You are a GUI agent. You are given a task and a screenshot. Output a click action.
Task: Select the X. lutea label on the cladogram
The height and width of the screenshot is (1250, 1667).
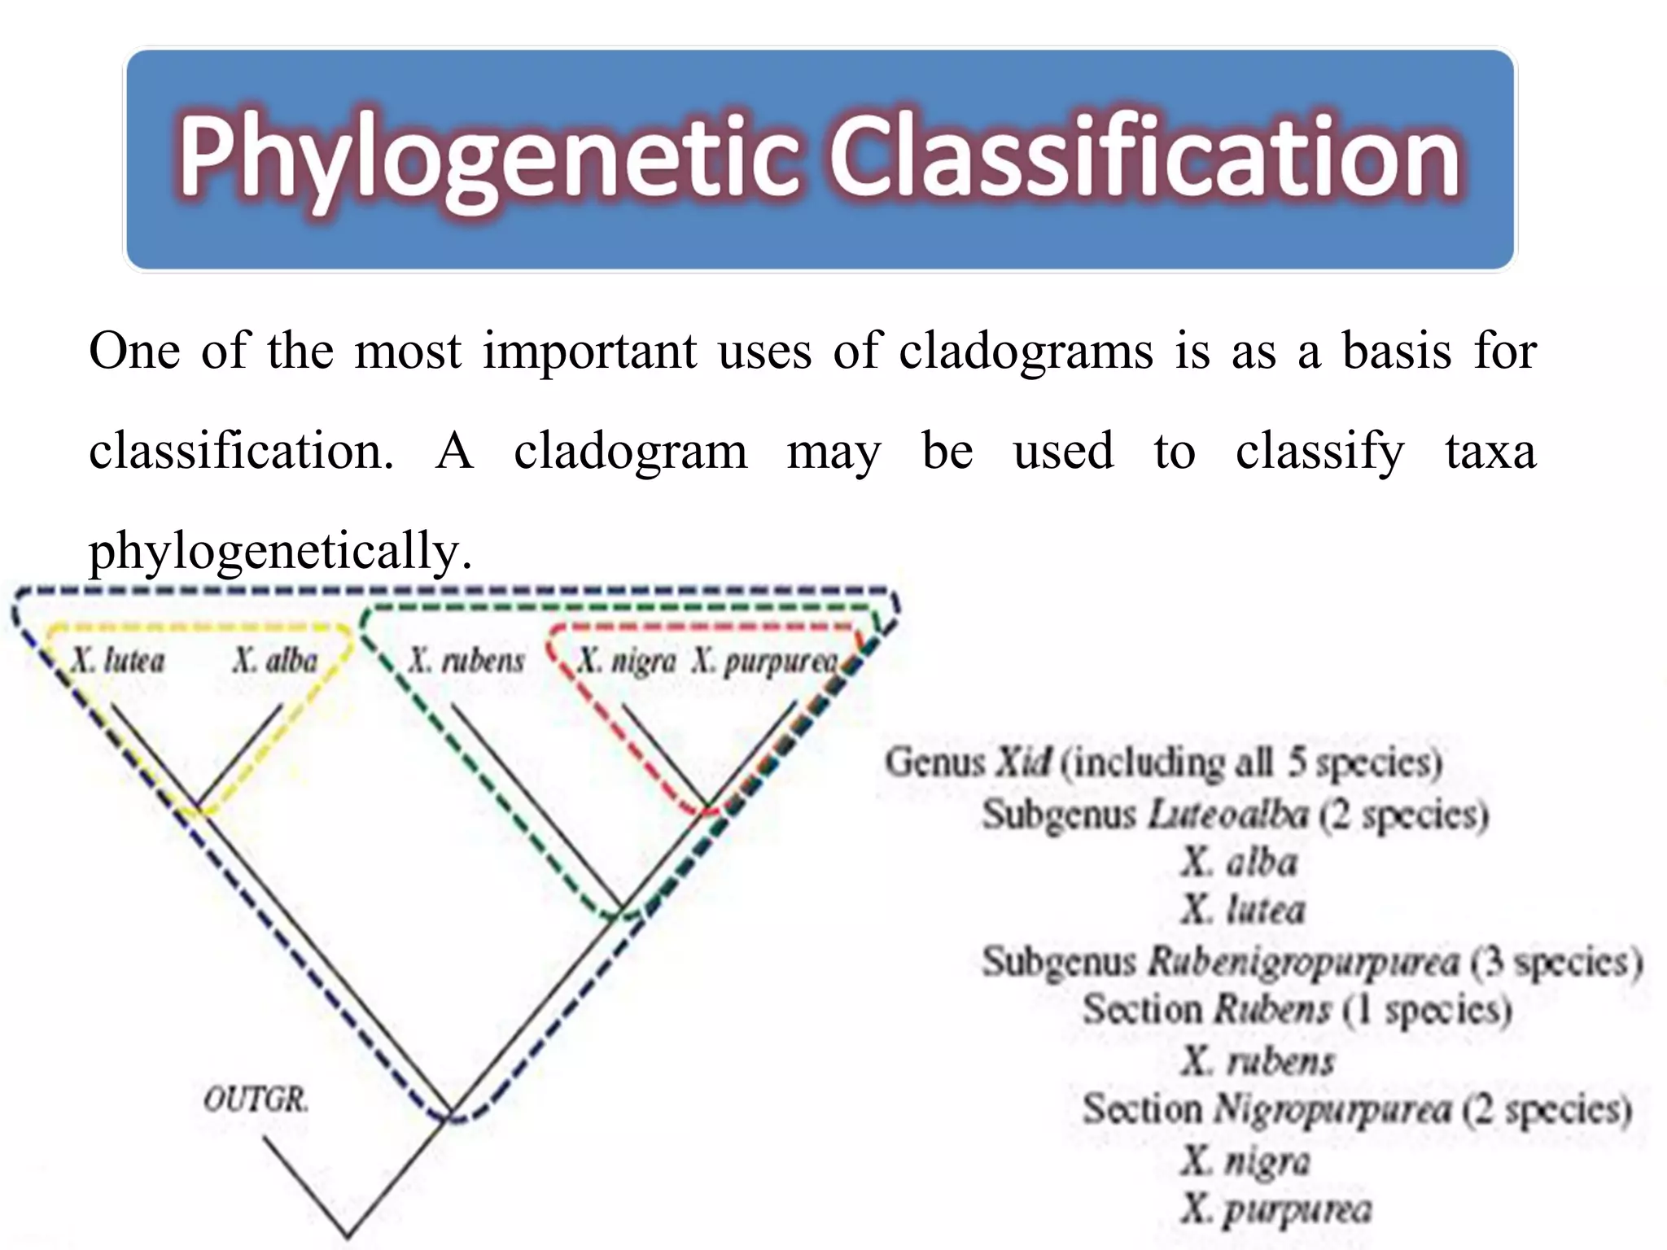pos(117,660)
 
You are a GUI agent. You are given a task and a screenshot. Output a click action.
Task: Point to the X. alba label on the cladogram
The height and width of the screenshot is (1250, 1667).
pos(275,660)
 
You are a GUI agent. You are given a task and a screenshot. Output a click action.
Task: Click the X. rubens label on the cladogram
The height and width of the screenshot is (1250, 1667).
pos(466,660)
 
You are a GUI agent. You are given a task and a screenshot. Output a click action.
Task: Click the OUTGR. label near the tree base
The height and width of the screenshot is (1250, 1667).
pos(256,1099)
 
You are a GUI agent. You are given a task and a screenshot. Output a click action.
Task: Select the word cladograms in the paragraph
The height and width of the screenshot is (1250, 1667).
pos(1026,352)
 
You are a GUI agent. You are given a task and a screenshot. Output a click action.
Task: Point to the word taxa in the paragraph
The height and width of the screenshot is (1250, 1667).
pos(1490,451)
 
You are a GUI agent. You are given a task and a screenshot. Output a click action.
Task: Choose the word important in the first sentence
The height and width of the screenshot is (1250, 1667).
pos(589,352)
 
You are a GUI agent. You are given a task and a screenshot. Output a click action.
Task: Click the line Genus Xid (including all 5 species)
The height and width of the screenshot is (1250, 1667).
pos(1163,763)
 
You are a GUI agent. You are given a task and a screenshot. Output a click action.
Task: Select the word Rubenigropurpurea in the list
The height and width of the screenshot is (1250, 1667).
pos(1303,961)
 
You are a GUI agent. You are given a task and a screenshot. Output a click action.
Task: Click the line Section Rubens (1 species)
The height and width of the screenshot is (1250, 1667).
pos(1297,1010)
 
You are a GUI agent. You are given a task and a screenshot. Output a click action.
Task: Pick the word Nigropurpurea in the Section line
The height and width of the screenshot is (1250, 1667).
pos(1332,1109)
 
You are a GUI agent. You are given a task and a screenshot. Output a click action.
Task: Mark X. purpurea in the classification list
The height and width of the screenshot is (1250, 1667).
pos(1276,1209)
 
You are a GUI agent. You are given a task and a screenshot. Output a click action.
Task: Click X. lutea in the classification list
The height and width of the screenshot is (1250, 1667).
pos(1243,910)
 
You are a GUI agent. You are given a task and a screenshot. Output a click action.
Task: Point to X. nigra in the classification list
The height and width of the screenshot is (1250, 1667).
pos(1245,1160)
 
